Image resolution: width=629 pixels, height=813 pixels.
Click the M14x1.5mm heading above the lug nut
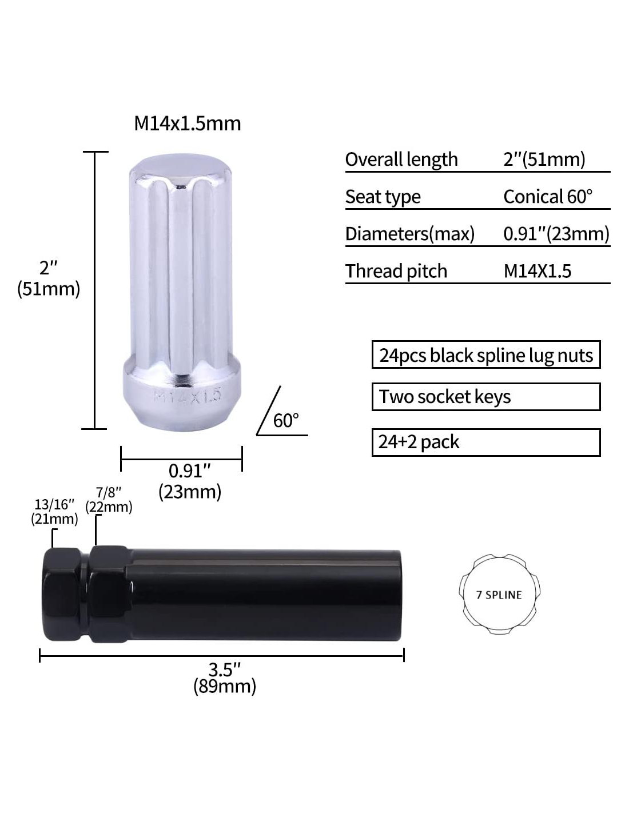188,123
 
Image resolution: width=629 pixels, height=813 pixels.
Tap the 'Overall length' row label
401,160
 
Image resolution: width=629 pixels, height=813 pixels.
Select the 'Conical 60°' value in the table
548,197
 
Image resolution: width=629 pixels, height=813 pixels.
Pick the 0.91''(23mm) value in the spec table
556,234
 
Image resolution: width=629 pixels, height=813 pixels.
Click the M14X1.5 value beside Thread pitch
538,271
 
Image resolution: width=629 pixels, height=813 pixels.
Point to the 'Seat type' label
383,197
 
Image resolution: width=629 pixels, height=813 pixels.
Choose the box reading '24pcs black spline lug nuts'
486,354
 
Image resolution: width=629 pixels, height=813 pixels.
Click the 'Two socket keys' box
486,397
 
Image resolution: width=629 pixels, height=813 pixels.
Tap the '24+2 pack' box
486,442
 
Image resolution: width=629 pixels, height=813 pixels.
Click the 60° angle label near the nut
286,421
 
